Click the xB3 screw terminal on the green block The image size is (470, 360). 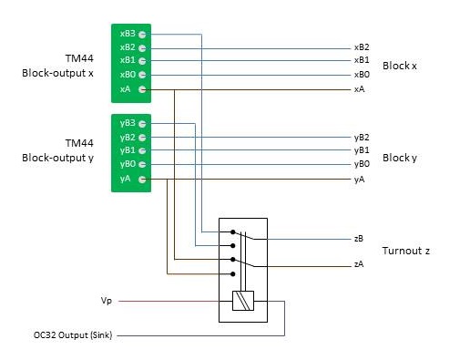pos(142,35)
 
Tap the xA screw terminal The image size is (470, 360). pos(142,89)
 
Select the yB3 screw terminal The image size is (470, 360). pos(142,124)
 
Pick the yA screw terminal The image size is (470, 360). pos(142,180)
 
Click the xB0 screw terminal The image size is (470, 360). pos(142,75)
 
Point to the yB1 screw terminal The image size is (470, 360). pos(142,150)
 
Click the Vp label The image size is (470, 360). pos(107,301)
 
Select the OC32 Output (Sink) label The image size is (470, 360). pos(73,335)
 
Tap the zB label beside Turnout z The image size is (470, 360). pos(359,239)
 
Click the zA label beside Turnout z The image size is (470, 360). pos(359,264)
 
